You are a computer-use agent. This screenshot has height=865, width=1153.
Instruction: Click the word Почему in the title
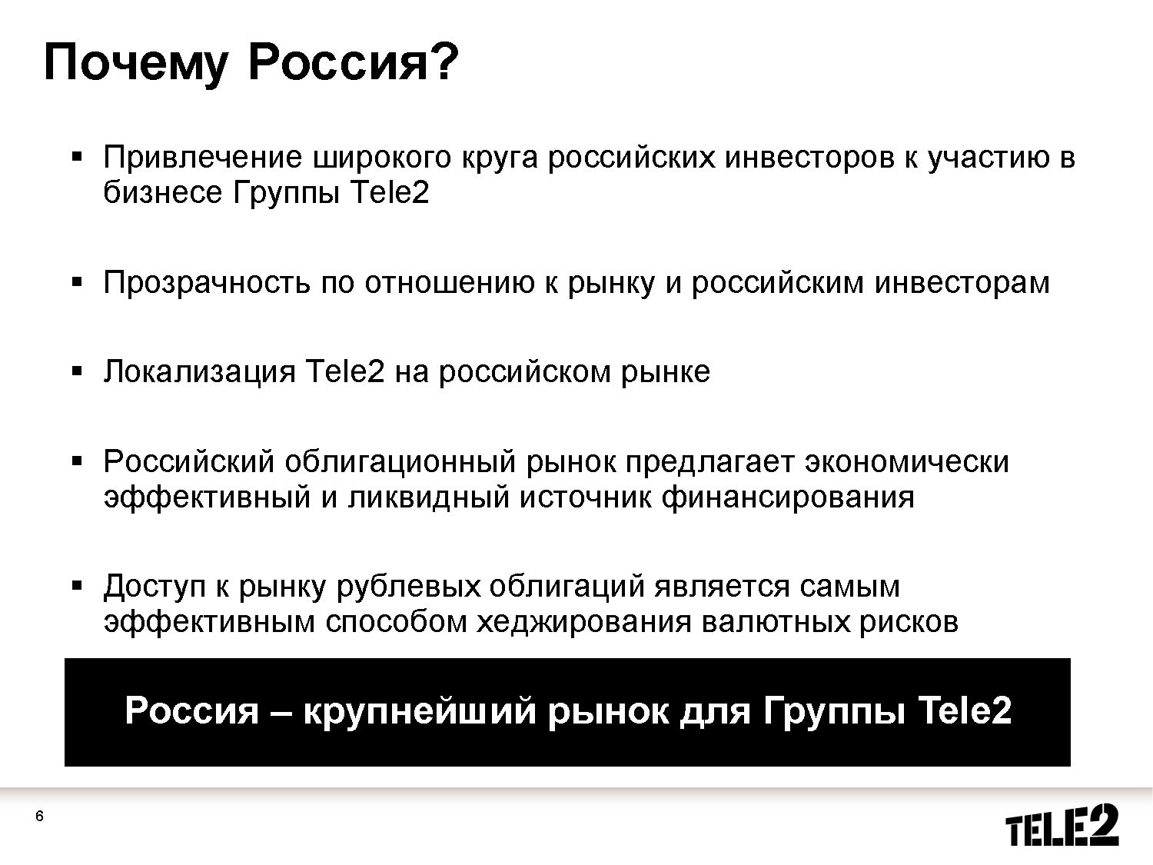(x=136, y=64)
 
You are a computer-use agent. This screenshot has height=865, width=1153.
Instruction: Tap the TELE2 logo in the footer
(x=1062, y=825)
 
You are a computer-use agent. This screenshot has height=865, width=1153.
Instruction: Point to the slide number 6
(x=39, y=816)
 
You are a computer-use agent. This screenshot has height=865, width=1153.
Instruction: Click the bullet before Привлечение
(x=77, y=156)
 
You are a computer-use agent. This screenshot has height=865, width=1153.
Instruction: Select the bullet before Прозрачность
(x=77, y=282)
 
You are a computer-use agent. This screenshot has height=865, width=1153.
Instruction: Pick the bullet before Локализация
(x=77, y=372)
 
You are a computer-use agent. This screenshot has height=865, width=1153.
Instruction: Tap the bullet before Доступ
(x=77, y=585)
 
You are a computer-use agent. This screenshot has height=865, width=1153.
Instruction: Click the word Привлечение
(x=203, y=157)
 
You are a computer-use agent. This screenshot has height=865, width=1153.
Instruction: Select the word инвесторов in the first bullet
(x=809, y=158)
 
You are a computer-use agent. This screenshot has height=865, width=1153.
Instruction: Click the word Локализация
(x=200, y=372)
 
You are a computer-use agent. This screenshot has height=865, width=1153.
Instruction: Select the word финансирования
(x=788, y=498)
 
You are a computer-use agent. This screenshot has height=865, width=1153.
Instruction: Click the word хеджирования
(x=583, y=622)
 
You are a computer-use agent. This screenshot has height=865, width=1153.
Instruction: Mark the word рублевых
(x=408, y=586)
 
